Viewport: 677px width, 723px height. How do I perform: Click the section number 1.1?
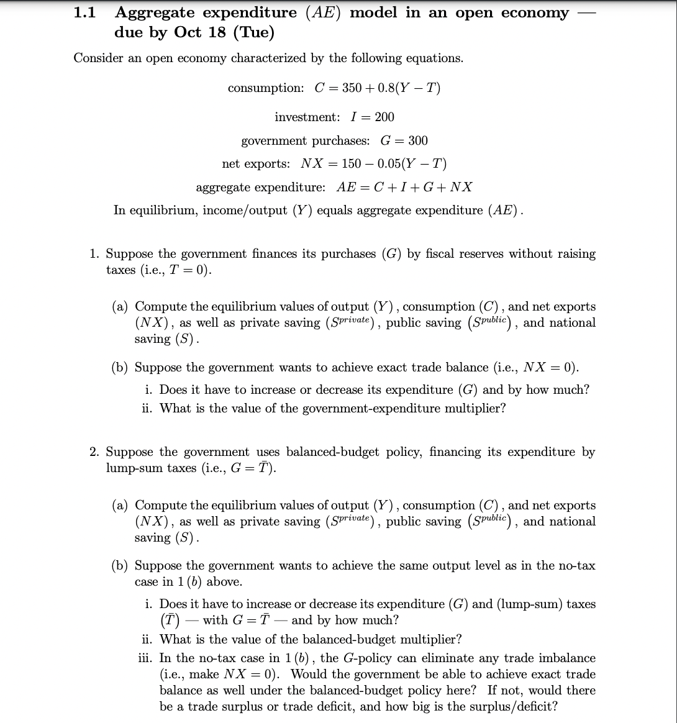click(x=84, y=13)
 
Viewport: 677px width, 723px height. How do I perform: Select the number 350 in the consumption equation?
click(x=352, y=88)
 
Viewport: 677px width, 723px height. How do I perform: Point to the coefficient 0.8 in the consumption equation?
click(x=382, y=88)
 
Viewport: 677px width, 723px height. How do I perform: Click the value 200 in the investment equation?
click(x=384, y=117)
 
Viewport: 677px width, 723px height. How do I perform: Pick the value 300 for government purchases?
click(x=417, y=140)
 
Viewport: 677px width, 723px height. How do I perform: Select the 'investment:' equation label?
click(x=307, y=117)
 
